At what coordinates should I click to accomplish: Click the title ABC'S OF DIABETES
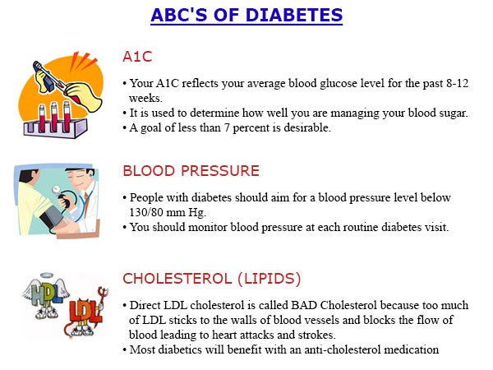click(x=246, y=15)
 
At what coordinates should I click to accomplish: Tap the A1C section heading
click(x=137, y=57)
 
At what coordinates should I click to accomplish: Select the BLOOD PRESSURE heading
click(x=191, y=171)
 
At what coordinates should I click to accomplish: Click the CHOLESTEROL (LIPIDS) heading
click(x=212, y=279)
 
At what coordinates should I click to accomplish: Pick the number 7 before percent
click(x=227, y=128)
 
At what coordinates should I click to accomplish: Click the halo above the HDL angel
click(x=48, y=276)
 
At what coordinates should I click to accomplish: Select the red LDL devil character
click(x=82, y=315)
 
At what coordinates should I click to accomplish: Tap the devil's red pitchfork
click(x=103, y=298)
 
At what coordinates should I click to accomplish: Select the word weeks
click(x=145, y=99)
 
